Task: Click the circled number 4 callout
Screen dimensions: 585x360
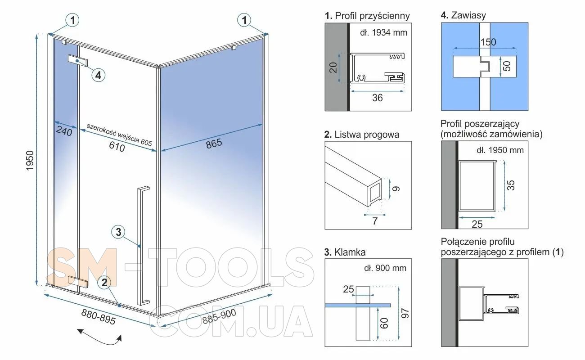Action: (98, 75)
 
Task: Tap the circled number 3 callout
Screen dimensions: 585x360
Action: (118, 232)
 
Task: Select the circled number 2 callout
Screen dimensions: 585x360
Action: (104, 283)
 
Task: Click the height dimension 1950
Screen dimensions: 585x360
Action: (30, 160)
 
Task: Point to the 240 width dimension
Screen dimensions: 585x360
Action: (64, 131)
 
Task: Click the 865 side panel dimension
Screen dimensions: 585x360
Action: (214, 144)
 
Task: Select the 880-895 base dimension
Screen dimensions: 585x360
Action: (98, 317)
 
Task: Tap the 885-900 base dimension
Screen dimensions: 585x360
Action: (219, 316)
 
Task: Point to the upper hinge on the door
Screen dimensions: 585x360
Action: (78, 61)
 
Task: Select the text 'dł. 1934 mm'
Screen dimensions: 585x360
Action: (384, 32)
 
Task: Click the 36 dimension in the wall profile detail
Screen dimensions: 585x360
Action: (378, 98)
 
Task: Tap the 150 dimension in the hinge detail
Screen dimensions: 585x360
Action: (488, 42)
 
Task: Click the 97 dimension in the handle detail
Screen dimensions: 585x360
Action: (405, 313)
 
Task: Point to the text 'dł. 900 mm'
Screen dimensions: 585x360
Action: (385, 268)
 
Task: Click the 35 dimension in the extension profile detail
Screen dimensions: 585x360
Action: (511, 185)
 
